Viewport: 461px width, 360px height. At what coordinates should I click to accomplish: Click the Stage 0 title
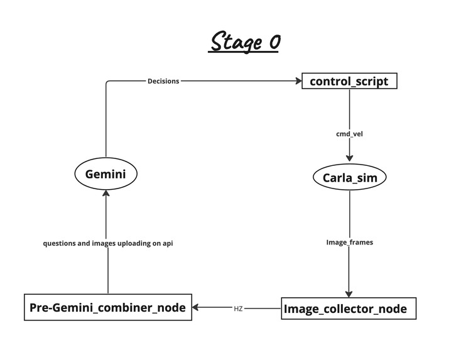point(244,43)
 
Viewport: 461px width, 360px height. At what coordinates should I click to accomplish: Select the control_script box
point(349,82)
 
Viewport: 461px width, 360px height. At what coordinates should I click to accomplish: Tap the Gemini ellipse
point(106,174)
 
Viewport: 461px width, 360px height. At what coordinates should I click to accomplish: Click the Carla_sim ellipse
point(349,178)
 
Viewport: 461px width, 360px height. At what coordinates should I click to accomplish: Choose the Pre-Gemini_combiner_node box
point(107,308)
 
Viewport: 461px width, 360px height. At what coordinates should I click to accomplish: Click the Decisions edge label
point(163,81)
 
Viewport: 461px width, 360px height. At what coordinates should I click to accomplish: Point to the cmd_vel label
point(349,134)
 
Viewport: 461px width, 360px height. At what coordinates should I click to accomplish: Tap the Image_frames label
point(349,242)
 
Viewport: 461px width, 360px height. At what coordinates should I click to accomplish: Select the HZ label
point(238,308)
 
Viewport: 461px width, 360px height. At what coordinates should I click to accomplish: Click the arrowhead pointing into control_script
point(298,81)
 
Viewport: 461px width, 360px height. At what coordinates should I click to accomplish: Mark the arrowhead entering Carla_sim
point(349,159)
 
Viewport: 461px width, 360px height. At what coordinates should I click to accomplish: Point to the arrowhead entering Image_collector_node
point(349,294)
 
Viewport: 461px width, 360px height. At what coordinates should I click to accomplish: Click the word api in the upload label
point(167,243)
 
